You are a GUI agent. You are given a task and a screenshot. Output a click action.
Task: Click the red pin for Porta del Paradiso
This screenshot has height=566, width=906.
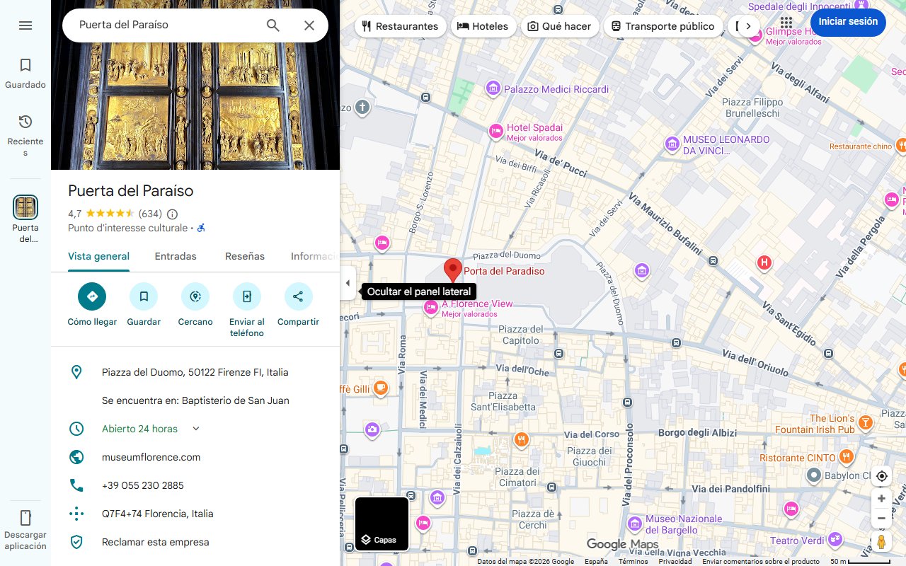452,270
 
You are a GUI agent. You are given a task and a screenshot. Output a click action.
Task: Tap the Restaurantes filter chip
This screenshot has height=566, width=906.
400,26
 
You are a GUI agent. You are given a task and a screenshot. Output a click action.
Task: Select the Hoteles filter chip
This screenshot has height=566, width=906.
483,26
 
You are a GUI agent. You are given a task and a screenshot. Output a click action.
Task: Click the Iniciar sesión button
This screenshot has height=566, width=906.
848,21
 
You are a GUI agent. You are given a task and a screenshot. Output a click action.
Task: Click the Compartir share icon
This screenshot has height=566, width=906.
298,296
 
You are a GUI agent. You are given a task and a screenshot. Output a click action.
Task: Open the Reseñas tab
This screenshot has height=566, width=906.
245,256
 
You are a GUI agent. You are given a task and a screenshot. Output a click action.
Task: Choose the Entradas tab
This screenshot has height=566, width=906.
176,256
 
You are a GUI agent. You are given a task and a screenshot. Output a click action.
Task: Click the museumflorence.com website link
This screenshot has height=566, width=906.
151,457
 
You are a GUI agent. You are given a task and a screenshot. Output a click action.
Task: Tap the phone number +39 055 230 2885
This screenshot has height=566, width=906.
142,485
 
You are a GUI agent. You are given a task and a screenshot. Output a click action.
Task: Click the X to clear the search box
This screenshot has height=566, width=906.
309,25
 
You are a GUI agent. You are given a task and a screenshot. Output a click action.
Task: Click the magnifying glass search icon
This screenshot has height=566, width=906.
273,25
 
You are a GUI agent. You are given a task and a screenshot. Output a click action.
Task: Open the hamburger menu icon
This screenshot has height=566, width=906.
25,25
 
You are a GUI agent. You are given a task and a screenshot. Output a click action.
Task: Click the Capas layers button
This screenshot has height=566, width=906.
382,524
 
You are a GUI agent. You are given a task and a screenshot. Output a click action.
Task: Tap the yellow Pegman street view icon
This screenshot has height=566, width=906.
881,542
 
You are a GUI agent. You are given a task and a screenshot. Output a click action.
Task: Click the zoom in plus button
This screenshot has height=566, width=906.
881,498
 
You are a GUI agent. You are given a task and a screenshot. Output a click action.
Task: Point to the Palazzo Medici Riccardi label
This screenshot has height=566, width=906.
556,89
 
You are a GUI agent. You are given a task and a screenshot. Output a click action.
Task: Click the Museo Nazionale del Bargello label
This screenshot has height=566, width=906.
684,524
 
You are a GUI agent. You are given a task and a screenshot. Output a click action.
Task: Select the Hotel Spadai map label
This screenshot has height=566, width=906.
534,128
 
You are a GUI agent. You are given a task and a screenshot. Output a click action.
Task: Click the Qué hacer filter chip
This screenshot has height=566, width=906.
560,26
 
